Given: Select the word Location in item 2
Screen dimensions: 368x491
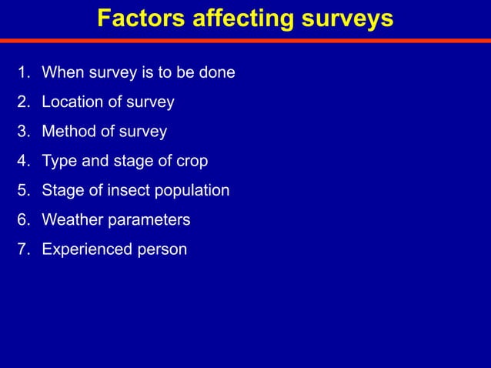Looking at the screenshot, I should point(72,102).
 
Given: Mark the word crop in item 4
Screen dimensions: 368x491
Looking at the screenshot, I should point(191,162).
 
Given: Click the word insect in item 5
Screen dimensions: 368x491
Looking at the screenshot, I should point(131,191).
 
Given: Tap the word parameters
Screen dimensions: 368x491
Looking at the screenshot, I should point(149,220).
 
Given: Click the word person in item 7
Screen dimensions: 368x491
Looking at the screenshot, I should point(161,249).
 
